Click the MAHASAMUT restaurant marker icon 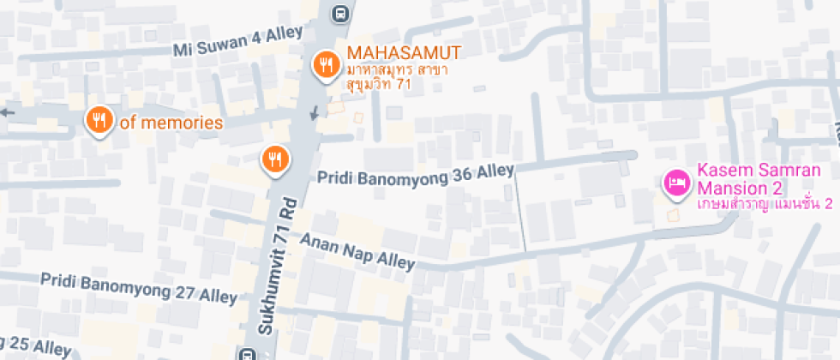tap(326, 64)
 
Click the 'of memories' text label tap(171, 123)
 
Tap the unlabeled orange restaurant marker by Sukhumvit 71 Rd tap(275, 158)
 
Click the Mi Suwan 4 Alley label tap(238, 41)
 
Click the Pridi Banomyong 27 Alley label tap(138, 288)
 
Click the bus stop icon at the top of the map tap(341, 13)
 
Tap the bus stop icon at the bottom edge tap(248, 353)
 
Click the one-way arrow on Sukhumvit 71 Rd tap(315, 112)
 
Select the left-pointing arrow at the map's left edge tap(8, 111)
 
